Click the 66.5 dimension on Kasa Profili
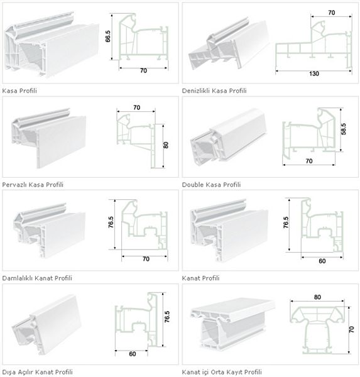pyautogui.click(x=108, y=36)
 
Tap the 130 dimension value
pyautogui.click(x=314, y=74)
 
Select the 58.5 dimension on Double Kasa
pyautogui.click(x=344, y=129)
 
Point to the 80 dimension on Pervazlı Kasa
pyautogui.click(x=166, y=145)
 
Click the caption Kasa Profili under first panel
pyautogui.click(x=19, y=90)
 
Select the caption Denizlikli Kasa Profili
pyautogui.click(x=214, y=90)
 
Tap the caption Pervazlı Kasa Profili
pyautogui.click(x=33, y=185)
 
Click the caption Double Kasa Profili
pyautogui.click(x=211, y=185)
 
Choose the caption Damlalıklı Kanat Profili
pyautogui.click(x=37, y=278)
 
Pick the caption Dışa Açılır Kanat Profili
pyautogui.click(x=37, y=372)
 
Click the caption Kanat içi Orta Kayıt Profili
pyautogui.click(x=222, y=372)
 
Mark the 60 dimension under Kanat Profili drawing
pyautogui.click(x=322, y=261)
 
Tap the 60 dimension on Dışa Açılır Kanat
pyautogui.click(x=133, y=354)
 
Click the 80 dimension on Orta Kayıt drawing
pyautogui.click(x=317, y=297)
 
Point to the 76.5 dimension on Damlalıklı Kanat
pyautogui.click(x=111, y=222)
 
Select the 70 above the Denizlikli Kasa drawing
pyautogui.click(x=331, y=13)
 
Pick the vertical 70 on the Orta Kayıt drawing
pyautogui.click(x=351, y=329)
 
